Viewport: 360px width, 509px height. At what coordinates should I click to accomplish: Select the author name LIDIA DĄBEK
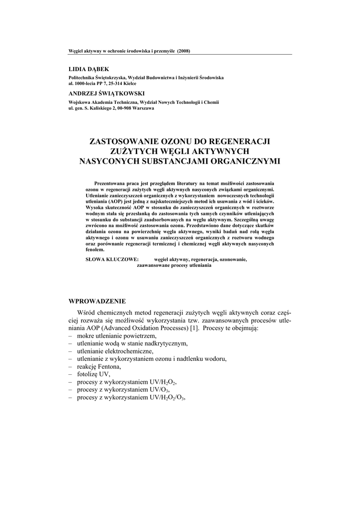[x=88, y=69]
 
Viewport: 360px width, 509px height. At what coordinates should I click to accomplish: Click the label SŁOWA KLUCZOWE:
[x=109, y=259]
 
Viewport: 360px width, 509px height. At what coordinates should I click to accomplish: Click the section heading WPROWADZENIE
[x=97, y=301]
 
